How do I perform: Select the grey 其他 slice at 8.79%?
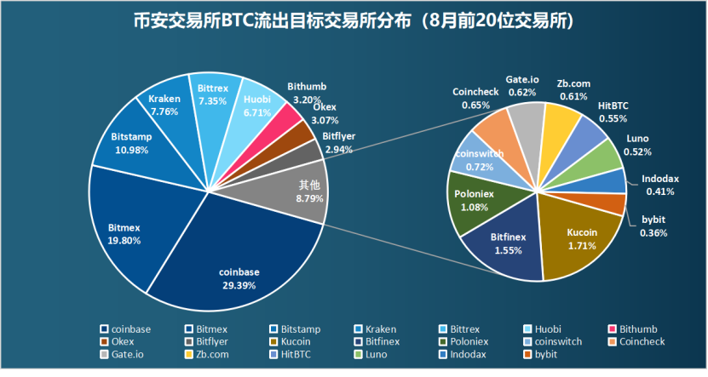pos(302,191)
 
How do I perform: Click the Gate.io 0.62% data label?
pos(521,85)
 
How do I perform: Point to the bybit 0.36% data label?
pos(653,226)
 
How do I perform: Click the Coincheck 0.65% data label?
pos(475,99)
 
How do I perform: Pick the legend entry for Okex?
pos(122,341)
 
